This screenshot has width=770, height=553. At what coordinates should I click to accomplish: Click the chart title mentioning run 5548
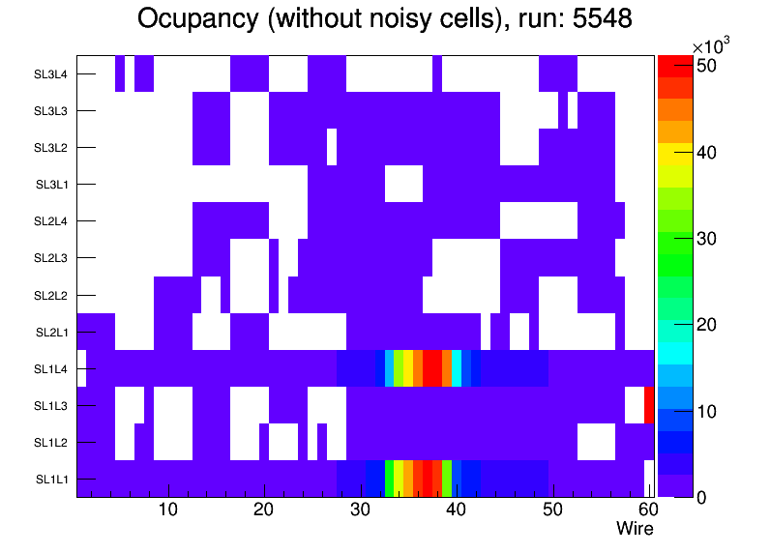(384, 18)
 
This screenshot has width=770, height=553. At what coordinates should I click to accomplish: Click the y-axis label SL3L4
(51, 74)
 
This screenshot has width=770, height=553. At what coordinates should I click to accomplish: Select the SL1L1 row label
(51, 479)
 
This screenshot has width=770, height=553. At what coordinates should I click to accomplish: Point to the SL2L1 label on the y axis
(51, 332)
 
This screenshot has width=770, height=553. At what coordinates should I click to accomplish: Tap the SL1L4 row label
(51, 368)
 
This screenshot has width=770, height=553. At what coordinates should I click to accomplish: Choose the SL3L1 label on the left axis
(51, 185)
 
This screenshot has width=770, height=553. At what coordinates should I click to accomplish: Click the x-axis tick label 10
(167, 510)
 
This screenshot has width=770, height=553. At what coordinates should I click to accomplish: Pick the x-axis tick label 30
(360, 510)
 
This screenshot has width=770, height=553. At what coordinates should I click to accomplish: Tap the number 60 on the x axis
(647, 510)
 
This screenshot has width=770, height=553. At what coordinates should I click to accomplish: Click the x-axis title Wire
(635, 529)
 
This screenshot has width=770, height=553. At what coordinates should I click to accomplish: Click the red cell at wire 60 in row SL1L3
(649, 405)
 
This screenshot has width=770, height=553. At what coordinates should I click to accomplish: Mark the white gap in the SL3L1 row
(403, 185)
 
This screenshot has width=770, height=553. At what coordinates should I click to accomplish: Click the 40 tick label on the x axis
(456, 510)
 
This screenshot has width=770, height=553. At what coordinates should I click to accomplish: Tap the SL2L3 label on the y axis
(51, 258)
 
